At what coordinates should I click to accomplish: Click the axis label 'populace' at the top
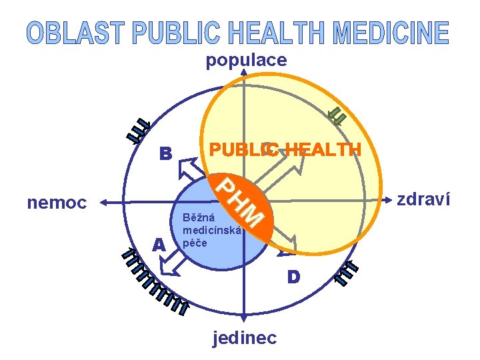click(x=246, y=61)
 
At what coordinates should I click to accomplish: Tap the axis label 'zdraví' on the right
click(x=423, y=199)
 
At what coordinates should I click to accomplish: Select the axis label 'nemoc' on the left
click(x=57, y=202)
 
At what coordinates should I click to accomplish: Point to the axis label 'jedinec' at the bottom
click(x=244, y=338)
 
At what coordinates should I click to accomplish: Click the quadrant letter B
click(x=165, y=154)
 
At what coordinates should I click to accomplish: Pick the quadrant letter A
click(x=158, y=245)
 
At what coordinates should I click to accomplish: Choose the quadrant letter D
click(x=293, y=275)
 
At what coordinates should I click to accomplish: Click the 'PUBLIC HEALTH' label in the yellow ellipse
click(x=285, y=149)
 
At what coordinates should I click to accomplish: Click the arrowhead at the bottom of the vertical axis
click(x=245, y=319)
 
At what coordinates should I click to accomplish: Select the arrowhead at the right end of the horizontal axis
click(x=389, y=200)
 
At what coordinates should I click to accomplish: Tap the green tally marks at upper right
click(x=338, y=117)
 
